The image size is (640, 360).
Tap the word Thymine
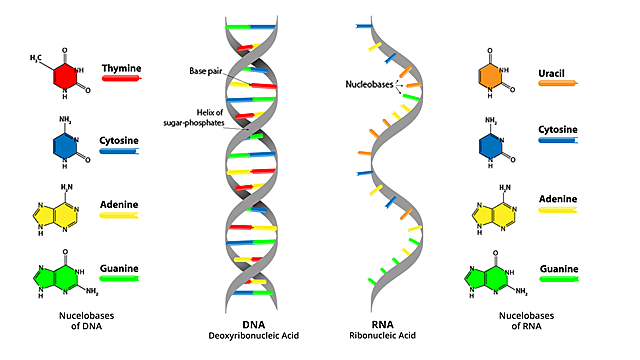121,69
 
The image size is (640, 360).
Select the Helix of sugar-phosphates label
206,118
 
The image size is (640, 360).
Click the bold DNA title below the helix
252,323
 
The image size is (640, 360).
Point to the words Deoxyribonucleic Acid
252,336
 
